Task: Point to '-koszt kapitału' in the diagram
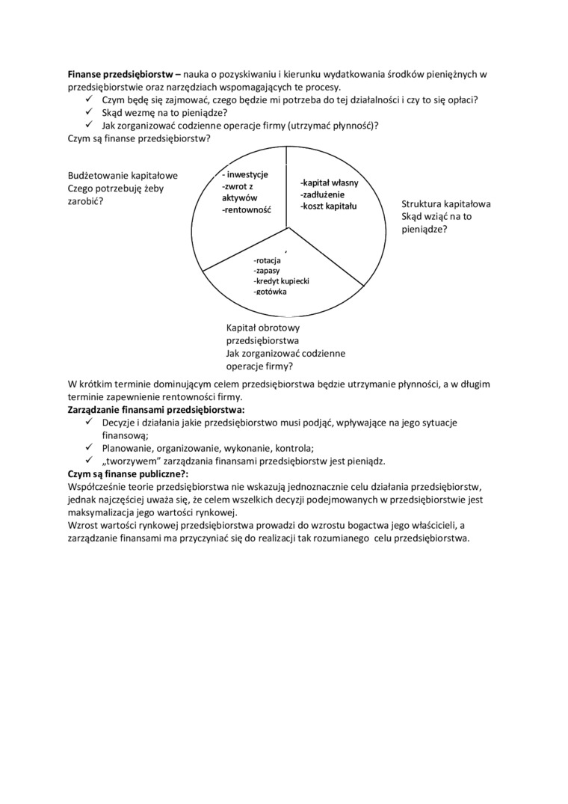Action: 329,205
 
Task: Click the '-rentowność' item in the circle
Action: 246,210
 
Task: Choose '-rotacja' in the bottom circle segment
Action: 268,260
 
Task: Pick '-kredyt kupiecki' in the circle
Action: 281,280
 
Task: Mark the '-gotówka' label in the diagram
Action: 270,291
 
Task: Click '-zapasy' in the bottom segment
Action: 267,270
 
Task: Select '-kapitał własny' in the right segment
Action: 329,182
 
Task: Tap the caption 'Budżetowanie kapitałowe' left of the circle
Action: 123,176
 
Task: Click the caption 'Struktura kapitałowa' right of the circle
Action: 445,203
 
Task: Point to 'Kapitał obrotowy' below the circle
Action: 262,328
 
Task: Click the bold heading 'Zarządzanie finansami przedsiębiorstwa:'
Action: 155,411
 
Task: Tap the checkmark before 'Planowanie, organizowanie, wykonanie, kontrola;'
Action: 89,448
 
